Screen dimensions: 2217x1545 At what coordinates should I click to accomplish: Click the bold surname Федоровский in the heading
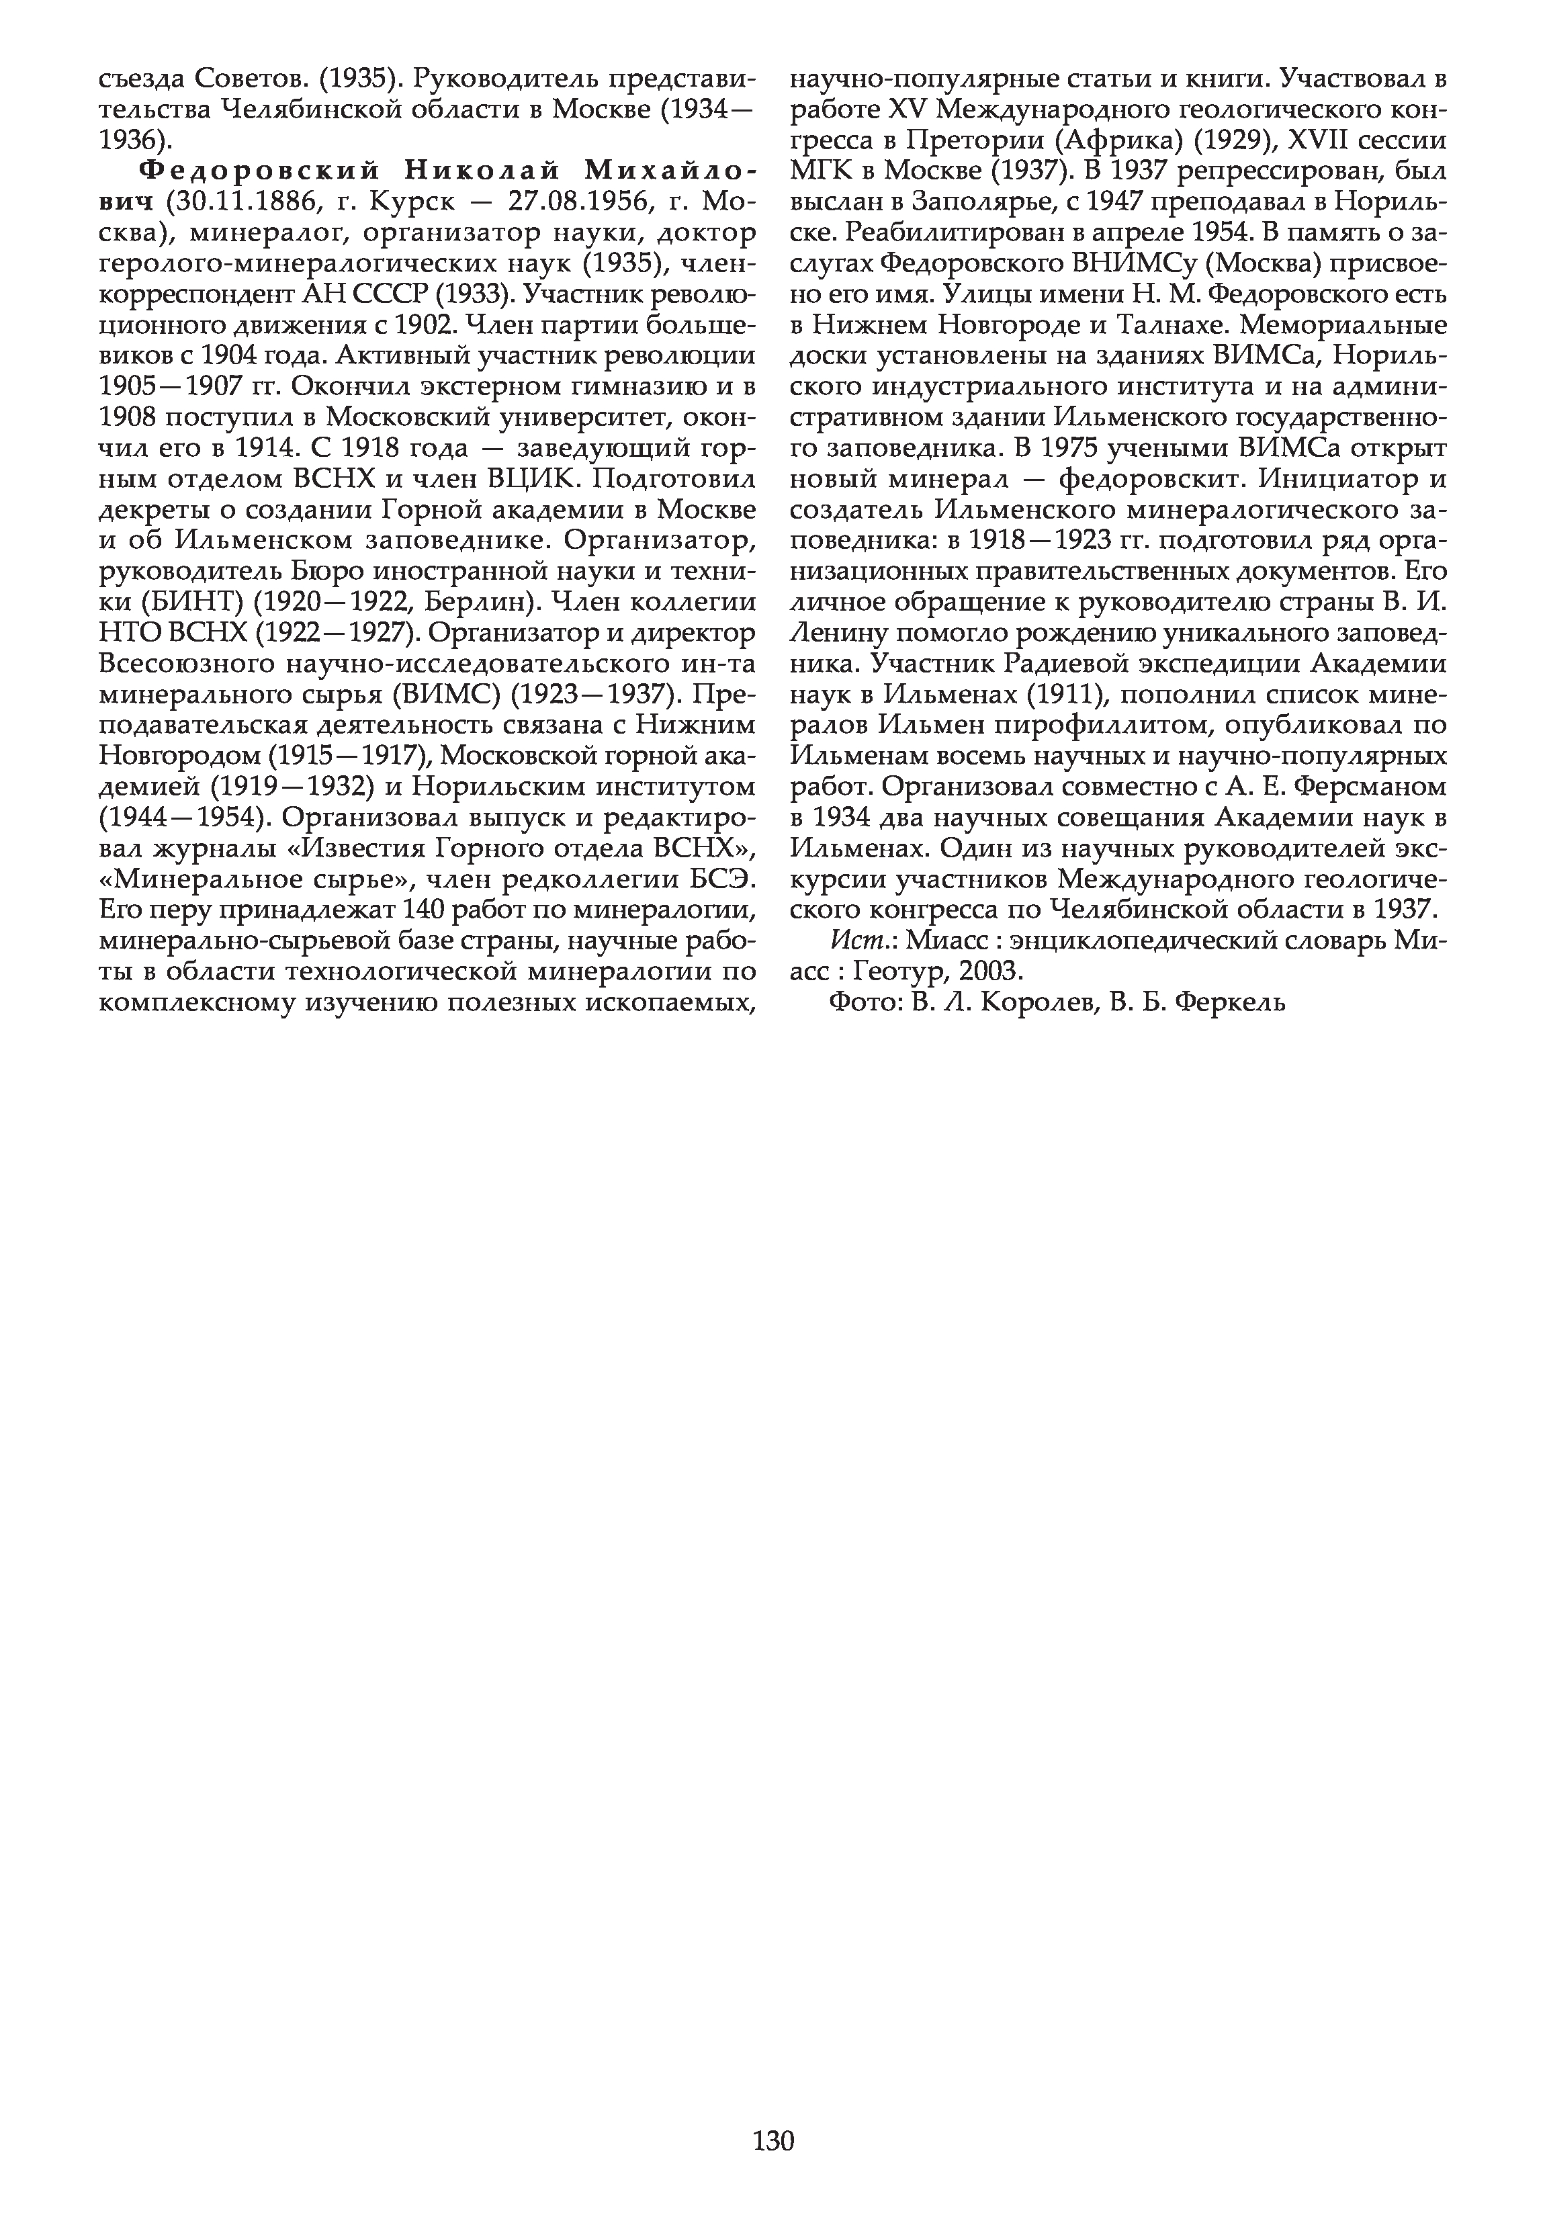coord(253,171)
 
